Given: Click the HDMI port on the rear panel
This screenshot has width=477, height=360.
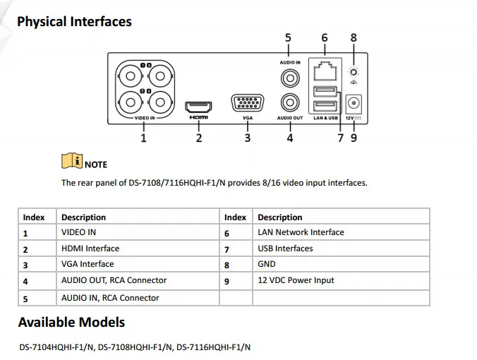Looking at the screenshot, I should [x=198, y=107].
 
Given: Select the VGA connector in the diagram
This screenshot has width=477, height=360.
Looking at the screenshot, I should [x=247, y=104].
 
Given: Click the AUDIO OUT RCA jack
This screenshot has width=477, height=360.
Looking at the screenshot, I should [x=289, y=103].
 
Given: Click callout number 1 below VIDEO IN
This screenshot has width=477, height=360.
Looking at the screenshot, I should [x=144, y=138].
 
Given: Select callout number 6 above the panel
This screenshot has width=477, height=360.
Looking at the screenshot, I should [x=325, y=37].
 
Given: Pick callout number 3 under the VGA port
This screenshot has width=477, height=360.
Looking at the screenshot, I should [x=247, y=138].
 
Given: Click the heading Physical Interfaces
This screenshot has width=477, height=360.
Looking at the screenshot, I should [x=74, y=21].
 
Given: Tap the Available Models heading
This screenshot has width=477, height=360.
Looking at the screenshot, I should [x=71, y=323].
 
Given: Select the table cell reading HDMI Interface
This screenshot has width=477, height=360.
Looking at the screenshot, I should [x=90, y=248].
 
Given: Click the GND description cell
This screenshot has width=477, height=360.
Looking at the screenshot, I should [x=267, y=264].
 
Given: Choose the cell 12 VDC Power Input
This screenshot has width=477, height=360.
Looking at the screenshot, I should [x=296, y=280].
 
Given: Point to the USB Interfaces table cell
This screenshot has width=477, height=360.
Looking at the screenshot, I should [x=285, y=248].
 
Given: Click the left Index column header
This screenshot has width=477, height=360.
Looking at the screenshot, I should [x=34, y=217].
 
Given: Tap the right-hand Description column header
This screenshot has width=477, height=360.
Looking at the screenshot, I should [x=280, y=217].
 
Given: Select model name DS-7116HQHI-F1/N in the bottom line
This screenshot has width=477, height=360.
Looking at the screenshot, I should [x=213, y=347].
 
